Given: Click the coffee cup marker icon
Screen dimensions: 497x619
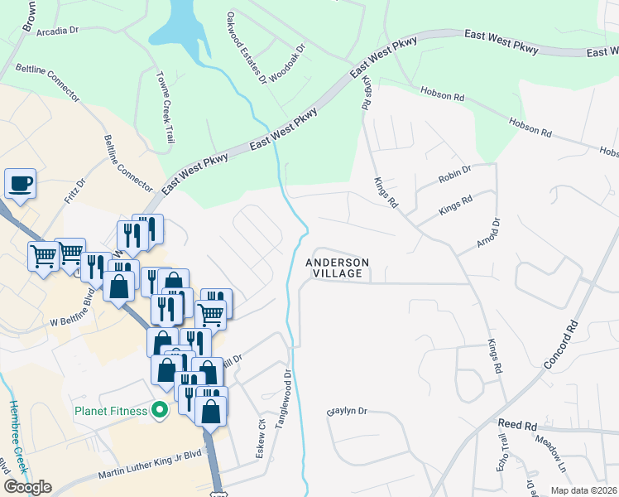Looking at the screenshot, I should (x=20, y=184).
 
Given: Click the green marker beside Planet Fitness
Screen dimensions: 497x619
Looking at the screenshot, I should (x=161, y=410).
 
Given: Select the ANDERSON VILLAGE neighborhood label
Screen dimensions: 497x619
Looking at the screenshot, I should (x=337, y=268).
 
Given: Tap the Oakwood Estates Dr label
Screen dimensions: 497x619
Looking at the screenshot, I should (x=247, y=48).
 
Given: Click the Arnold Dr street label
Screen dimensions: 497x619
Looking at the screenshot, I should (x=488, y=234).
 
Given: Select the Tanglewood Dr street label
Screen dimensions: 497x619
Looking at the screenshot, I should (x=283, y=397).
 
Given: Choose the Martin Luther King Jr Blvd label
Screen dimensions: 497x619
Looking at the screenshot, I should (x=150, y=464).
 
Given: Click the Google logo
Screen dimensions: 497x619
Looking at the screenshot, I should (x=27, y=487).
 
